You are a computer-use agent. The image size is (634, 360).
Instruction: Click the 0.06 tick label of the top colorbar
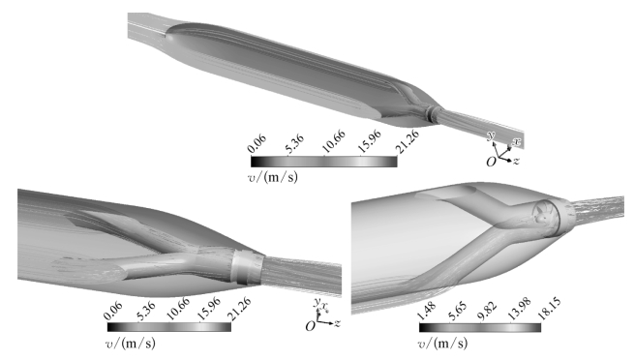[257, 144]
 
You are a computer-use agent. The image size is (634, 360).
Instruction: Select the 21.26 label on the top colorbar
[408, 142]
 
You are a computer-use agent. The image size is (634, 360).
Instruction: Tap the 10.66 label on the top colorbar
[334, 142]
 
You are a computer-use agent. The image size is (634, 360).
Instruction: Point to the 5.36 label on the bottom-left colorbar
[146, 311]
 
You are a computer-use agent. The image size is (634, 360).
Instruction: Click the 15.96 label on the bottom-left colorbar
[209, 309]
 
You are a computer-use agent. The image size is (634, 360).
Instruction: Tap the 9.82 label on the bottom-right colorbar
[487, 311]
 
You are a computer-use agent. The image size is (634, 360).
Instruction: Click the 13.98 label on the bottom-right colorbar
[520, 310]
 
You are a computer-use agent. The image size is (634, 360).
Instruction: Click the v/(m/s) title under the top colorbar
[273, 177]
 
